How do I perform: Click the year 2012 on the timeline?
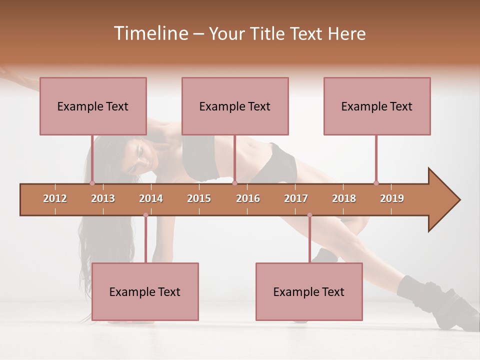click(55, 198)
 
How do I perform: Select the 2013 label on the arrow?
click(103, 198)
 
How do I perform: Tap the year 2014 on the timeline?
click(151, 198)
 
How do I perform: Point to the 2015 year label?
click(199, 198)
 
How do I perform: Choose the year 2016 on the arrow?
click(248, 198)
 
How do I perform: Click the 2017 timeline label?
click(296, 198)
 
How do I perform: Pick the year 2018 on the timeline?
click(344, 198)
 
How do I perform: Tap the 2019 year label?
click(392, 198)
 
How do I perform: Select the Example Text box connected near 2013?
click(93, 106)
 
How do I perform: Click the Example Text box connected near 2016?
click(235, 106)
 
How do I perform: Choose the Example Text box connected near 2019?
click(377, 106)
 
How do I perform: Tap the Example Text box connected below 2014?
click(145, 292)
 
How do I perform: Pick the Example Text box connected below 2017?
click(309, 292)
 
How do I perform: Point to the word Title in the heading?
click(267, 33)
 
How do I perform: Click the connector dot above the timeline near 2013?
click(92, 183)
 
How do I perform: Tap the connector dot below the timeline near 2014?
click(145, 215)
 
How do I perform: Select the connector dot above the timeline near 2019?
click(376, 183)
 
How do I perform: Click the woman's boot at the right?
click(450, 305)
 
